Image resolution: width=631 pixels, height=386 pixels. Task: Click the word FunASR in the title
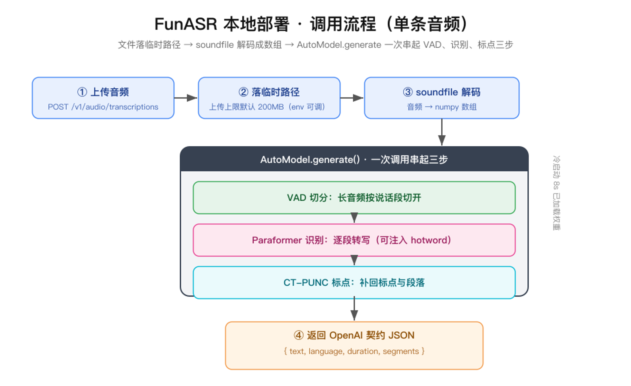[186, 24]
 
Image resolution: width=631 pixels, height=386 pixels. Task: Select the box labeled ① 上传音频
[103, 98]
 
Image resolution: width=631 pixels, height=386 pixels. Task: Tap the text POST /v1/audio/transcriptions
[103, 107]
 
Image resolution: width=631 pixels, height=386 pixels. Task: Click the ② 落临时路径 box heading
[269, 92]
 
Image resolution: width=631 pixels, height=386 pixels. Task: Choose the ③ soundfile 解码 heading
[442, 92]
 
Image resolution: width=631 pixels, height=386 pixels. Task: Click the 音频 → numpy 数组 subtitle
[442, 107]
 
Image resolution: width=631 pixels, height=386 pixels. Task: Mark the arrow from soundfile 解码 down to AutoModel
[442, 132]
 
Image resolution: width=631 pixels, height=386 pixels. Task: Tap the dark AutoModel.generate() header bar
[354, 159]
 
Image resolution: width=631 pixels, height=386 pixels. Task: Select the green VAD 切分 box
[354, 198]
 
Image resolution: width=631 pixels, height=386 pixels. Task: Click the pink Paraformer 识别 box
[354, 240]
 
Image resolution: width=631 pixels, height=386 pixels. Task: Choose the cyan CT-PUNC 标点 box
[354, 282]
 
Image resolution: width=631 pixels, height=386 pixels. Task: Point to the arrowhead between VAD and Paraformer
[354, 218]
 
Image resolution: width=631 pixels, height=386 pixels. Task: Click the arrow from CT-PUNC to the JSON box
[354, 309]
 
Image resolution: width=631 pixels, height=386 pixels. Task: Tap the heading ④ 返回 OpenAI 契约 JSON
[354, 335]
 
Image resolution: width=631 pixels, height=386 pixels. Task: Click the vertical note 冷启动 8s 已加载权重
[556, 193]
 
